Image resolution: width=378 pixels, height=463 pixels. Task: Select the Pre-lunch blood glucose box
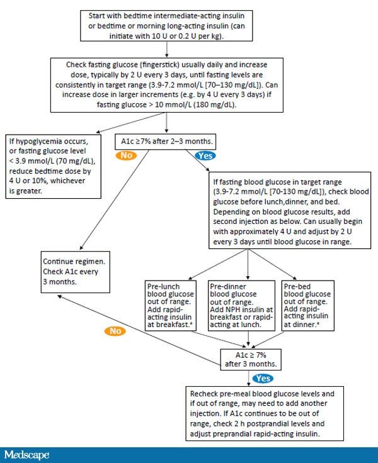[169, 306]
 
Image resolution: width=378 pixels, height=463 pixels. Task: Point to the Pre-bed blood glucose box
[307, 306]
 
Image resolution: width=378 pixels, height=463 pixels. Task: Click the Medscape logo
[27, 454]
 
